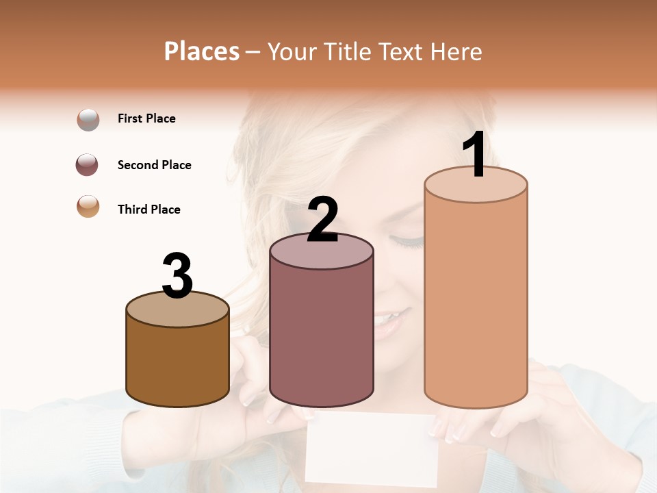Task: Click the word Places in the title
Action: click(x=202, y=51)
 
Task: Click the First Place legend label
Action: click(x=146, y=118)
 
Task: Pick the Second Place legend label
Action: click(x=154, y=165)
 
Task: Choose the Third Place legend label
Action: click(x=149, y=210)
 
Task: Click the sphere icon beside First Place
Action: click(x=88, y=120)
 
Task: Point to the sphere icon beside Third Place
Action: click(x=88, y=206)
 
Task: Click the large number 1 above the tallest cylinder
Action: click(x=474, y=155)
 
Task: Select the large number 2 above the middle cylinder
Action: click(x=322, y=220)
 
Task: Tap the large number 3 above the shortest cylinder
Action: click(x=177, y=276)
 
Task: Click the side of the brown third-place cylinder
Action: click(x=177, y=363)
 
